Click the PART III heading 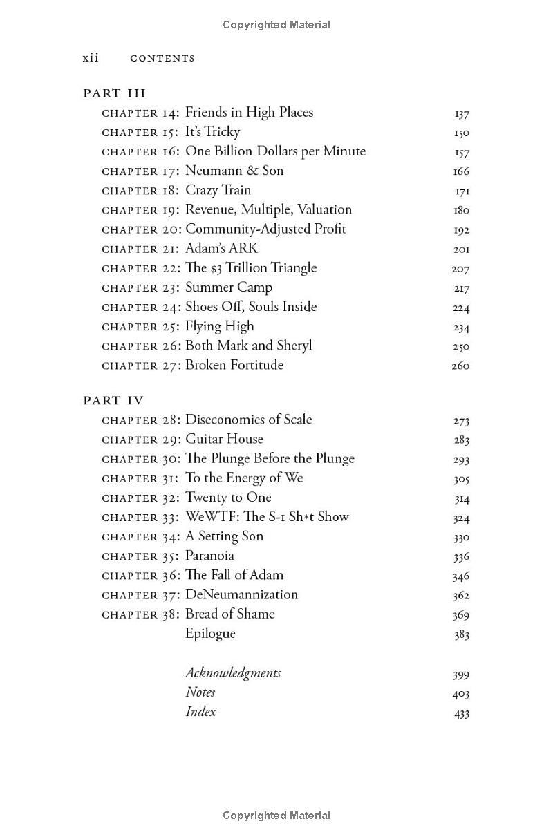114,93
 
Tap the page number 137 462,114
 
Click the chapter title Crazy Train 218,190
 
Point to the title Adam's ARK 221,248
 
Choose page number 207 460,270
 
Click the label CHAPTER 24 141,308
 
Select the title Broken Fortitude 234,365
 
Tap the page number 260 460,366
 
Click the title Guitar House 224,439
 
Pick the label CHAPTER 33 141,518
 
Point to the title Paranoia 209,556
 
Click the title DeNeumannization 241,594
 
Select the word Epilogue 210,634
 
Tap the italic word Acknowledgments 233,673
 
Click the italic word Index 200,712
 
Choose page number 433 462,714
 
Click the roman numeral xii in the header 91,58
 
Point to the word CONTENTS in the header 162,59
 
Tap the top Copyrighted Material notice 276,25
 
